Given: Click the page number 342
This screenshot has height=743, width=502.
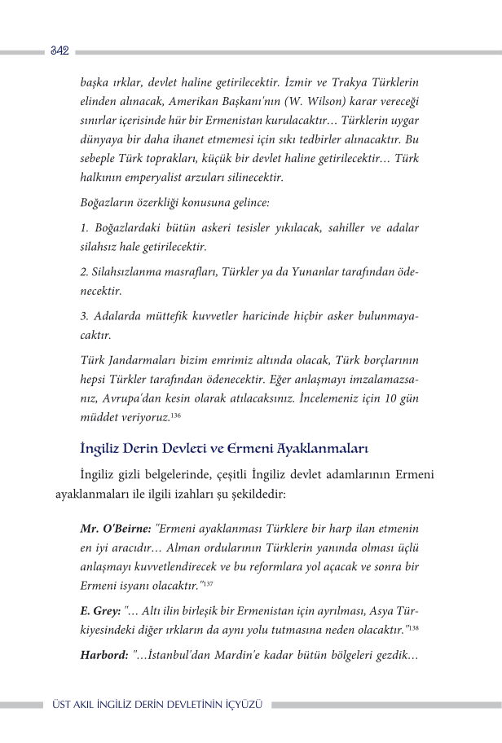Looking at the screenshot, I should tap(59, 51).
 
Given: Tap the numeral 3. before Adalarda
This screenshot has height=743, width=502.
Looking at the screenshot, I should tap(85, 314).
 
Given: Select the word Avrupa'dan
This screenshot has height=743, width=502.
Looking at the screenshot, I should tap(131, 398).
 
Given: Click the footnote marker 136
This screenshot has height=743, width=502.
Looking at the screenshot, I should tap(176, 415).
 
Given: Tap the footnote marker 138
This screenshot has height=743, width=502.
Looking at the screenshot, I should tap(414, 627).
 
